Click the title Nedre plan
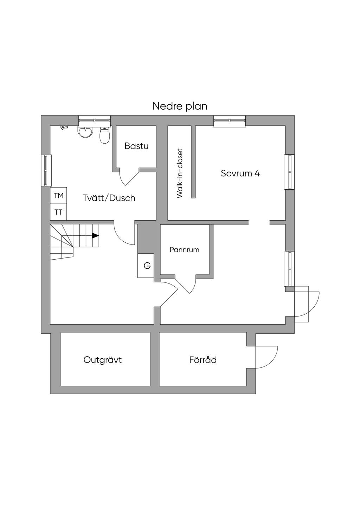pyautogui.click(x=180, y=106)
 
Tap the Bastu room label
pyautogui.click(x=136, y=146)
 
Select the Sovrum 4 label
pyautogui.click(x=240, y=174)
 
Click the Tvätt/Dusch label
pyautogui.click(x=109, y=198)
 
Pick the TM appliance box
pyautogui.click(x=58, y=195)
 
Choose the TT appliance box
pyautogui.click(x=58, y=212)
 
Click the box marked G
pyautogui.click(x=146, y=266)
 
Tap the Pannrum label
pyautogui.click(x=185, y=250)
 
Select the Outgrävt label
pyautogui.click(x=103, y=360)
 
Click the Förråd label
pyautogui.click(x=203, y=360)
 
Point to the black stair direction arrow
pyautogui.click(x=95, y=236)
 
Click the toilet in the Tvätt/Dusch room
pyautogui.click(x=105, y=135)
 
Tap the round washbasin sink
pyautogui.click(x=85, y=132)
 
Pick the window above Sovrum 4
pyautogui.click(x=230, y=121)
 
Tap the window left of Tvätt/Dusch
pyautogui.click(x=46, y=170)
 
